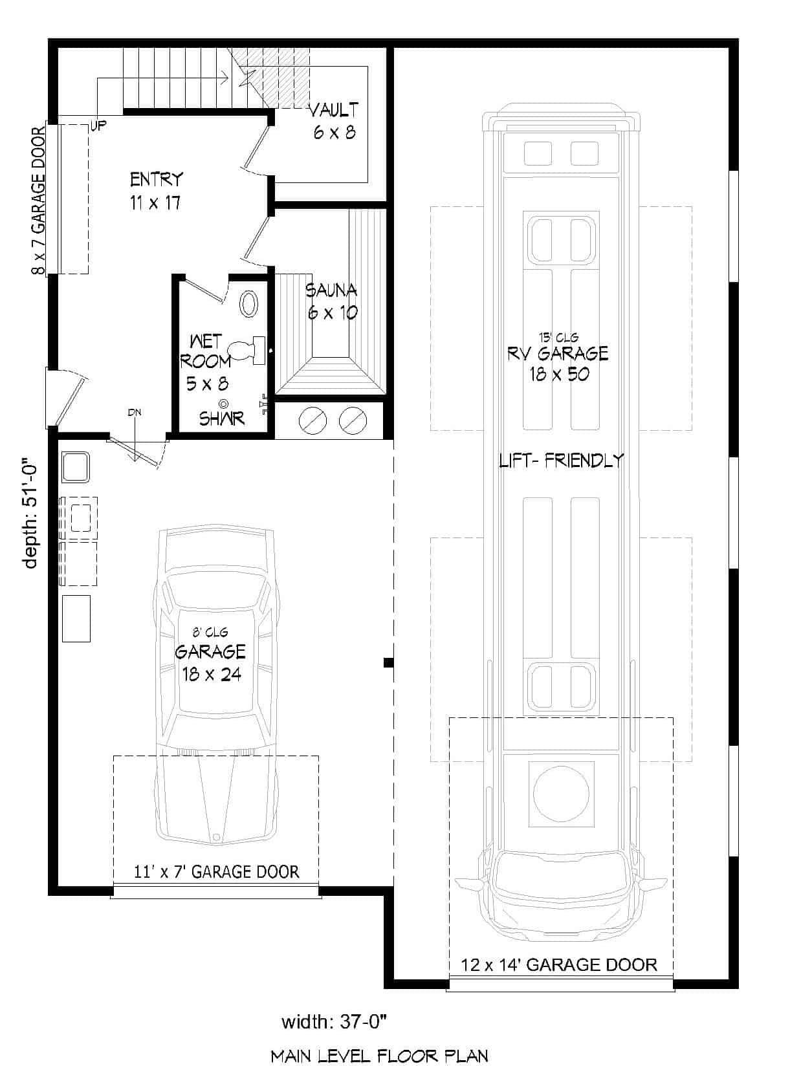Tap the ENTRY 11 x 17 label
click(x=156, y=191)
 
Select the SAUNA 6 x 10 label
click(x=332, y=301)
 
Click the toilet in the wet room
click(x=248, y=349)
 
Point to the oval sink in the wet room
click(x=248, y=304)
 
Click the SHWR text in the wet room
click(x=221, y=419)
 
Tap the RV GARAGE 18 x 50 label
click(x=558, y=363)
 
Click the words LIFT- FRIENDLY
click(x=561, y=461)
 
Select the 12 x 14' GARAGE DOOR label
click(x=559, y=965)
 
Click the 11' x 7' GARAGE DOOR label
click(x=216, y=871)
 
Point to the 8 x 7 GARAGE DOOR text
click(x=38, y=201)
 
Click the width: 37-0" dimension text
click(x=334, y=1022)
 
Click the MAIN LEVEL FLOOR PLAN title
click(x=379, y=1056)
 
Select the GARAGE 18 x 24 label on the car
click(x=210, y=662)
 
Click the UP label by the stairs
click(x=99, y=125)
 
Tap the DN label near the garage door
click(x=135, y=412)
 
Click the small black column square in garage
click(x=388, y=662)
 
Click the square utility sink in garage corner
click(x=76, y=467)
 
